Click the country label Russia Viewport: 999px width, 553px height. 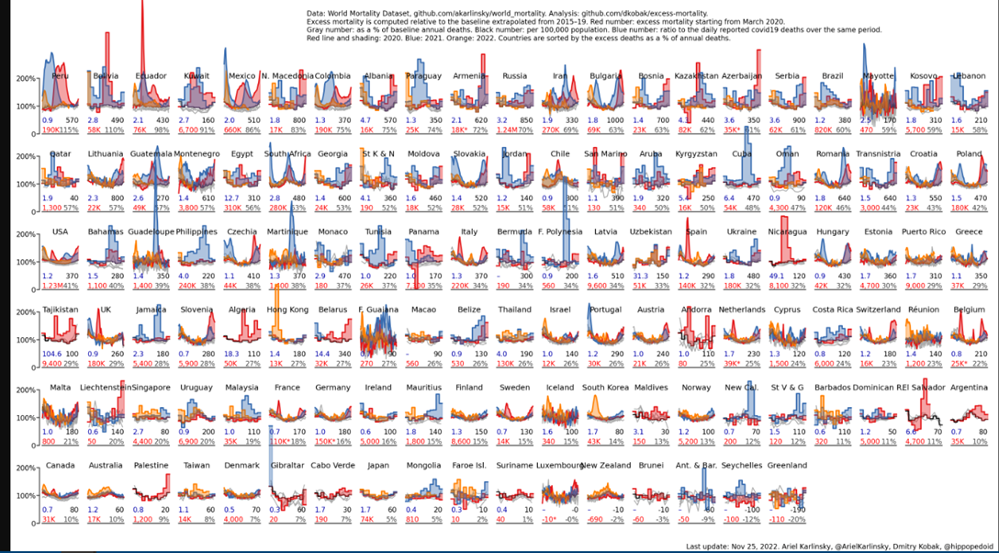[x=514, y=75]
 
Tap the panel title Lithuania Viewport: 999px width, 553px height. [x=106, y=154]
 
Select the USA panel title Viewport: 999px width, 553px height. [x=61, y=231]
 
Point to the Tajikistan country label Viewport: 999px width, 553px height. [x=61, y=310]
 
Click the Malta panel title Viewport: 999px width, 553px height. [x=61, y=388]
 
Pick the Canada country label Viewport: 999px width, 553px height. [x=61, y=466]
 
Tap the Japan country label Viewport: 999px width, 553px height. [x=377, y=466]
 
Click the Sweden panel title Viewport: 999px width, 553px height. [x=514, y=388]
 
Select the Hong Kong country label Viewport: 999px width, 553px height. [x=287, y=310]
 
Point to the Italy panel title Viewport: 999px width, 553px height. [x=469, y=231]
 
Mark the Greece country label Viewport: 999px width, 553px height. [x=968, y=231]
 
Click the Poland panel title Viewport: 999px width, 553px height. [x=968, y=154]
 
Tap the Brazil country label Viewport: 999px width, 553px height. [x=832, y=75]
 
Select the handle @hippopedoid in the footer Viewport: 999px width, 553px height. [x=956, y=546]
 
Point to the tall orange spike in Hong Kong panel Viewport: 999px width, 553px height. [x=276, y=299]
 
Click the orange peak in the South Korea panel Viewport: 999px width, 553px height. [x=594, y=401]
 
